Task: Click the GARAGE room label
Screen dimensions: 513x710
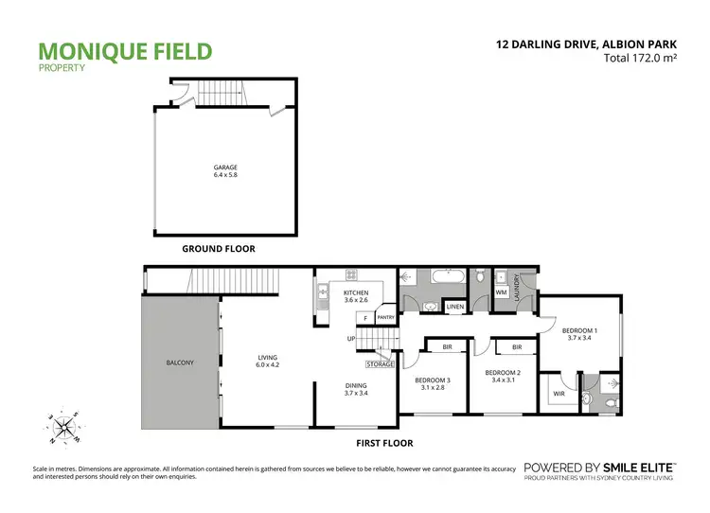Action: (x=224, y=168)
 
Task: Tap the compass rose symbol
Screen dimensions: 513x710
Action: (x=64, y=427)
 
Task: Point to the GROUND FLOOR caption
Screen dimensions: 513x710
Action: (x=219, y=249)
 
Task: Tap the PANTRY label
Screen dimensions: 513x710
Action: (x=385, y=318)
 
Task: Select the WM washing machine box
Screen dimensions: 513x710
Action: (x=501, y=293)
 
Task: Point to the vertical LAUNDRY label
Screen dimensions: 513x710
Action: (x=518, y=286)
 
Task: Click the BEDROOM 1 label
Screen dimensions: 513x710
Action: (x=579, y=331)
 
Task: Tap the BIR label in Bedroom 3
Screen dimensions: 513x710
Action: (x=446, y=347)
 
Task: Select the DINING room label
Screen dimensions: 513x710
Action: (x=356, y=385)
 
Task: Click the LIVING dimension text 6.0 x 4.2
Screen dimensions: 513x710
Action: (x=268, y=364)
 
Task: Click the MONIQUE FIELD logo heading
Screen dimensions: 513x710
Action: (x=125, y=51)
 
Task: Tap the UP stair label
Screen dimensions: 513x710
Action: (x=350, y=338)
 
